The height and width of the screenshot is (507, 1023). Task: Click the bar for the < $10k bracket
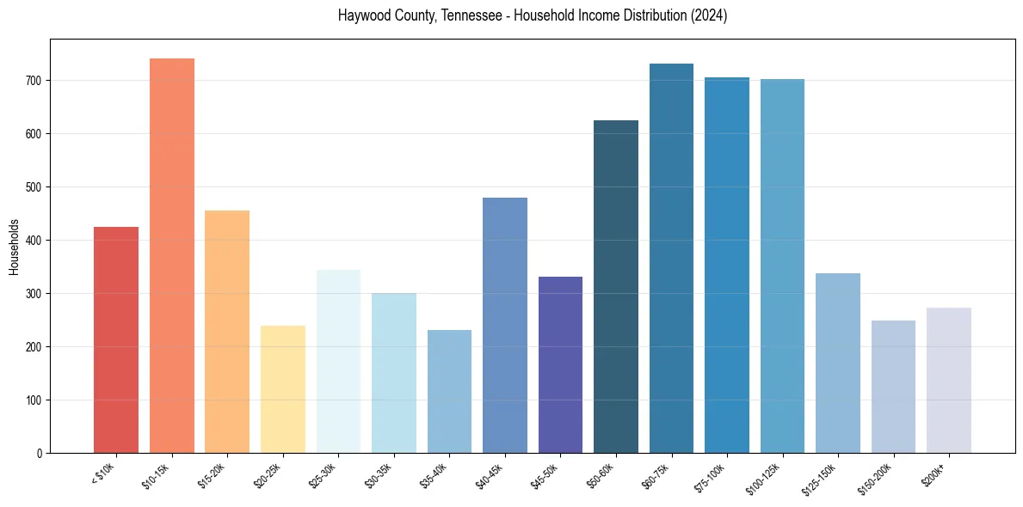coord(116,339)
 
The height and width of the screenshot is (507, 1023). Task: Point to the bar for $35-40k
coord(449,391)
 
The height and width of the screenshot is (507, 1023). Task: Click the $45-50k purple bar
coord(560,364)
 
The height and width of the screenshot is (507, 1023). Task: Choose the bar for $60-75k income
coord(671,258)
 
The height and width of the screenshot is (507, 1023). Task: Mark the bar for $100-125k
coord(782,266)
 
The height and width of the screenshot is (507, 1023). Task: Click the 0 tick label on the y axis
coord(40,453)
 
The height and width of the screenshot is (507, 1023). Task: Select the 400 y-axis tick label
coord(34,241)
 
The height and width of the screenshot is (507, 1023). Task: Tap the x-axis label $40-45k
coord(489,474)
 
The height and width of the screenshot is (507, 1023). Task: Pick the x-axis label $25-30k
coord(322,474)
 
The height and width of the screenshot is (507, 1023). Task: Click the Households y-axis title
coord(14,246)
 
